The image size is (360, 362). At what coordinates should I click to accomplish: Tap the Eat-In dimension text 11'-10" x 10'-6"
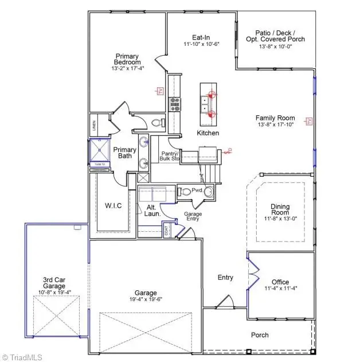(x=202, y=44)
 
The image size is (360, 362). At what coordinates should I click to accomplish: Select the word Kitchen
(x=208, y=133)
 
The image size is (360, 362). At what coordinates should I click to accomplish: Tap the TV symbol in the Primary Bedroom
(x=161, y=91)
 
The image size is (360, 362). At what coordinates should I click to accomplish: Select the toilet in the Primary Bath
(x=159, y=122)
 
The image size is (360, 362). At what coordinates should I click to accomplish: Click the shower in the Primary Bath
(x=101, y=152)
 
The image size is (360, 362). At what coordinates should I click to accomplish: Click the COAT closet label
(x=167, y=231)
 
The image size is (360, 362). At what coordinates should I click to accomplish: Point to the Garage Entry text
(x=192, y=216)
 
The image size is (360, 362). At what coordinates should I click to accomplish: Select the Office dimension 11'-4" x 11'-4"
(x=280, y=289)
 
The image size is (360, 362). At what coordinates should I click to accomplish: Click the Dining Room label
(x=280, y=210)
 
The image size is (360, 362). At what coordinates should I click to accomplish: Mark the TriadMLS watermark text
(x=22, y=356)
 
